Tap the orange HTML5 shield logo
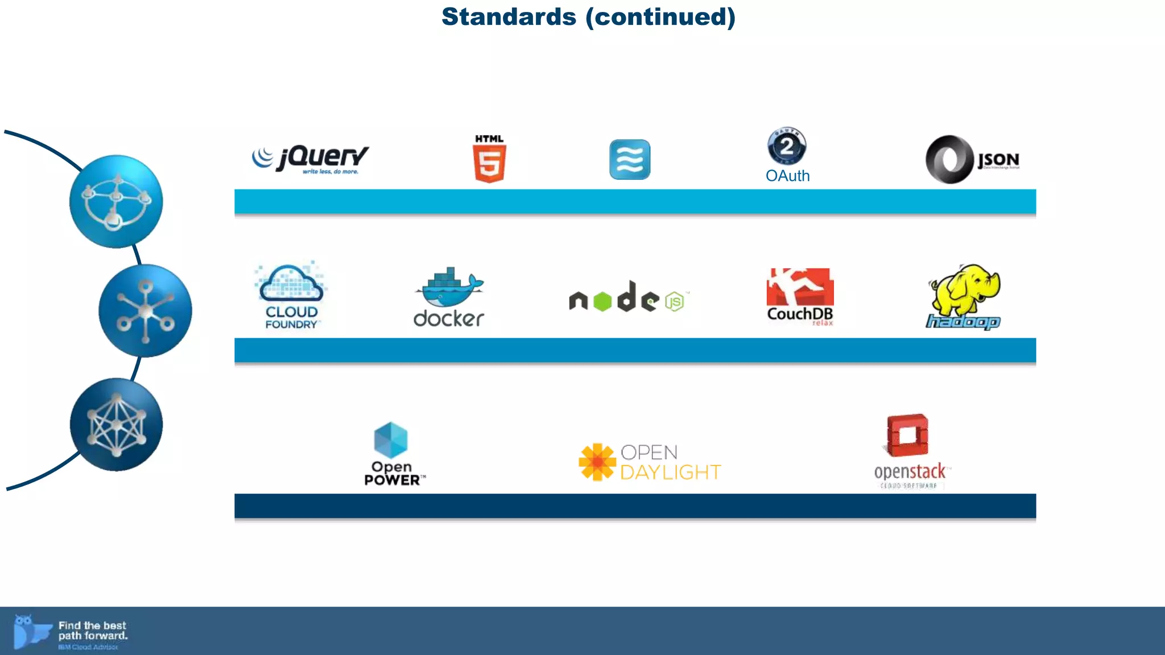pyautogui.click(x=489, y=163)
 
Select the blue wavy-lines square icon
pyautogui.click(x=630, y=159)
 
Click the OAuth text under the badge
pyautogui.click(x=787, y=176)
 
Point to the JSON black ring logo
pyautogui.click(x=949, y=159)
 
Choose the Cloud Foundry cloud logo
pyautogui.click(x=291, y=284)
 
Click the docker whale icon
pyautogui.click(x=449, y=288)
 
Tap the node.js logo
pyautogui.click(x=628, y=297)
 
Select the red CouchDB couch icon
pyautogui.click(x=800, y=287)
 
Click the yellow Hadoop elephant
pyautogui.click(x=964, y=288)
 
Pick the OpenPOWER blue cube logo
pyautogui.click(x=391, y=440)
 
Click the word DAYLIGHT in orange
pyautogui.click(x=670, y=472)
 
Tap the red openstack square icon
pyautogui.click(x=908, y=435)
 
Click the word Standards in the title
pyautogui.click(x=509, y=17)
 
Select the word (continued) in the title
pyautogui.click(x=660, y=17)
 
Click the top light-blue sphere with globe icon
pyautogui.click(x=116, y=201)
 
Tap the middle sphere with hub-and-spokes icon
pyautogui.click(x=145, y=310)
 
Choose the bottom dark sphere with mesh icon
pyautogui.click(x=116, y=425)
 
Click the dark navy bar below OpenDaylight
pyautogui.click(x=635, y=505)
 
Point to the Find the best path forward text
pyautogui.click(x=93, y=631)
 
